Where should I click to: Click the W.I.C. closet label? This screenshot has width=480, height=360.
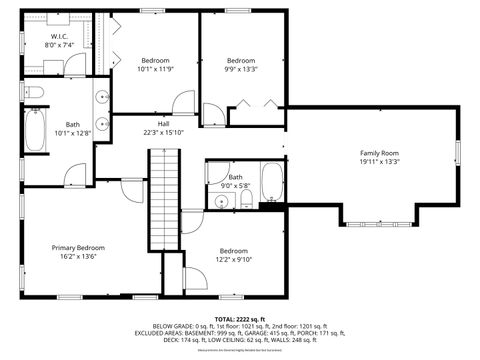point(59,37)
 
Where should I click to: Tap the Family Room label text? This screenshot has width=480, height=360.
point(379,153)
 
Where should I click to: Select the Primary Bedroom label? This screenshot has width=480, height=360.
point(79,246)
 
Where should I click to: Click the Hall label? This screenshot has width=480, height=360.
point(162,123)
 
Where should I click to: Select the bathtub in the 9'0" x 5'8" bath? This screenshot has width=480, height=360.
point(272,184)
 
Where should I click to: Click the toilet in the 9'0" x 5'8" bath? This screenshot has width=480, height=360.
point(245,203)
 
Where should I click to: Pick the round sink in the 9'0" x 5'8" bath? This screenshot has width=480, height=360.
point(221,201)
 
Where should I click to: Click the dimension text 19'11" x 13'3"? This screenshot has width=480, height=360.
point(379,161)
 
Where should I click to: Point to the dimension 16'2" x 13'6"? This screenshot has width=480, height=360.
point(79,255)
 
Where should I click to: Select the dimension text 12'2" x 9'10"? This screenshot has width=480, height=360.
point(233,259)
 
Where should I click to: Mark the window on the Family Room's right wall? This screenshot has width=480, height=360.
point(457,151)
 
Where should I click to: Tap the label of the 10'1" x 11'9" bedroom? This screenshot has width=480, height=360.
point(155,60)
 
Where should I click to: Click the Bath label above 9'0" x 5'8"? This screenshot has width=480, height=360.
point(234,177)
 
